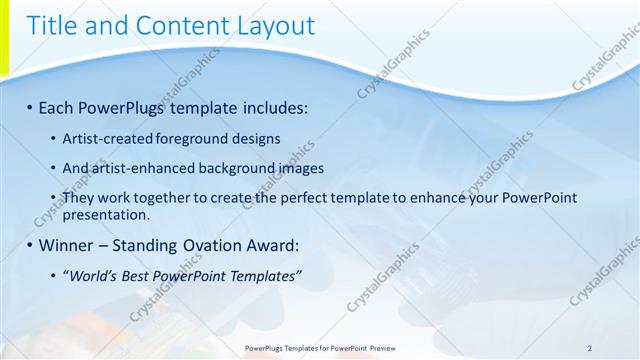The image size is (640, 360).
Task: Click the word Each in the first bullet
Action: (x=57, y=106)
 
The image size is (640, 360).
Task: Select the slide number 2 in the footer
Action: (x=590, y=348)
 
